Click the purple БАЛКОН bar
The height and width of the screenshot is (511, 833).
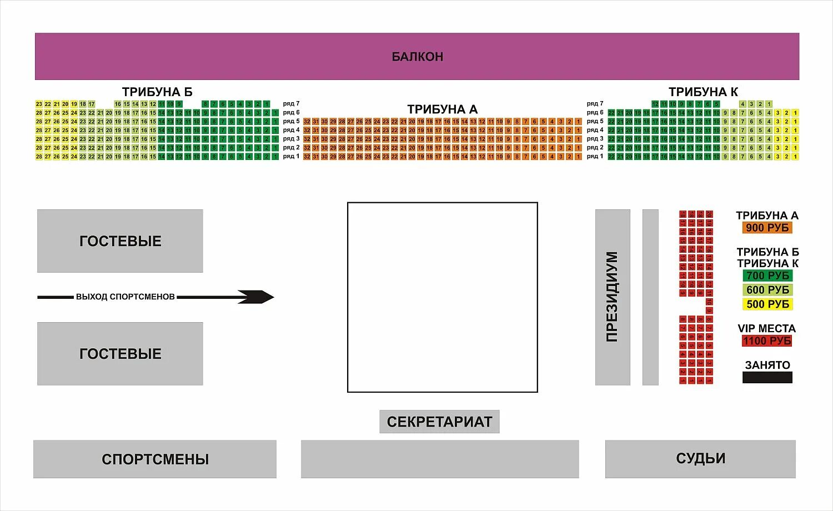(x=416, y=56)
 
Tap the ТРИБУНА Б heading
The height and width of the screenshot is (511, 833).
(x=157, y=92)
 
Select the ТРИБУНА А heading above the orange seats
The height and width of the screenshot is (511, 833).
(x=442, y=109)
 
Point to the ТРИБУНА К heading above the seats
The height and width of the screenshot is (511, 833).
(x=703, y=92)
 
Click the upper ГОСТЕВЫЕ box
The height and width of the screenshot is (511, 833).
(x=120, y=241)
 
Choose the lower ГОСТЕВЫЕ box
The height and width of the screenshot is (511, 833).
(x=120, y=354)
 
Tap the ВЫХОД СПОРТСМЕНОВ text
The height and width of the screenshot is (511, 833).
(x=126, y=297)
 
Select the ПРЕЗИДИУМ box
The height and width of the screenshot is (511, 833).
(x=612, y=297)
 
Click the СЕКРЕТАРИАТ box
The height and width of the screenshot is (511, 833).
(x=439, y=422)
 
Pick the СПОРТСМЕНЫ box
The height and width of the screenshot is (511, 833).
(x=155, y=459)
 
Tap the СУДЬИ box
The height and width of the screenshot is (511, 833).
(x=700, y=459)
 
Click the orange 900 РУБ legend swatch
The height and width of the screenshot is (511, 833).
(x=767, y=228)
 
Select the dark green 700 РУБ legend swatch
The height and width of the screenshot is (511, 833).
(x=767, y=275)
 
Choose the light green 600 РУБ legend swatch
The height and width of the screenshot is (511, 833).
(x=767, y=290)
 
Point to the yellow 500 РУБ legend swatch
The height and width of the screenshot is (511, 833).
(x=767, y=304)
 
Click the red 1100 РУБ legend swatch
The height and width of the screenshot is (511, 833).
(x=767, y=341)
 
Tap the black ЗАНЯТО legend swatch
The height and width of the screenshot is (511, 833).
(x=767, y=378)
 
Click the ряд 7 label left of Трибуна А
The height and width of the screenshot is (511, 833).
(x=291, y=104)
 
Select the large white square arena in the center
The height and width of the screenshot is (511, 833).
(x=442, y=297)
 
